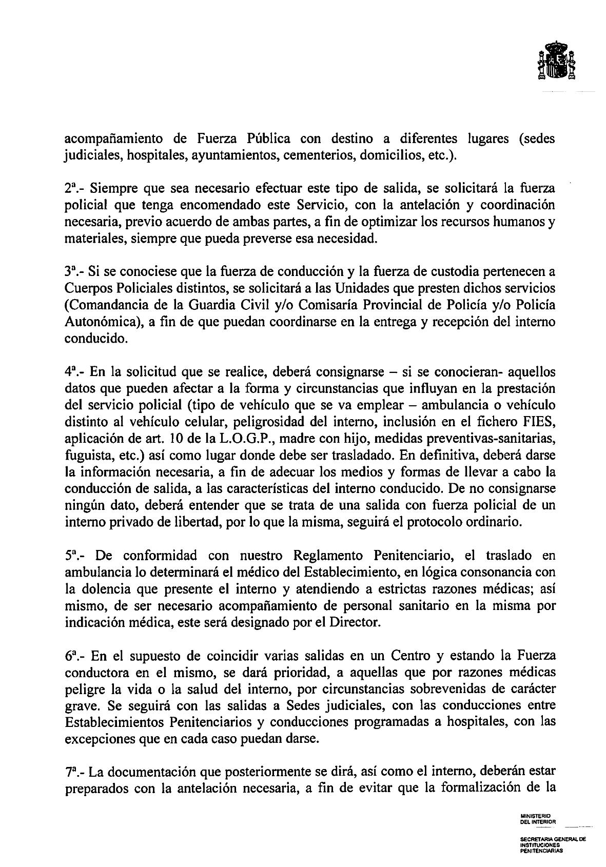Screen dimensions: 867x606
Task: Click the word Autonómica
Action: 99,322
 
